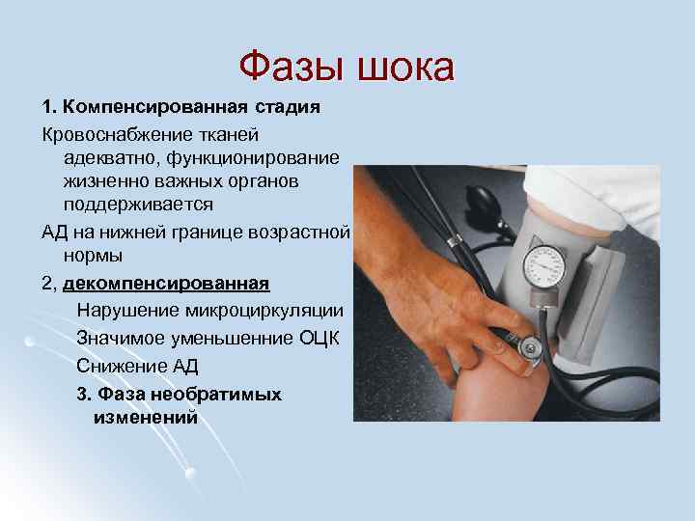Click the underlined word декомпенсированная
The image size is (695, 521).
(166, 283)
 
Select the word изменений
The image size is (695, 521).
(145, 417)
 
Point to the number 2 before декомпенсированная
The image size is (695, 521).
(46, 283)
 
